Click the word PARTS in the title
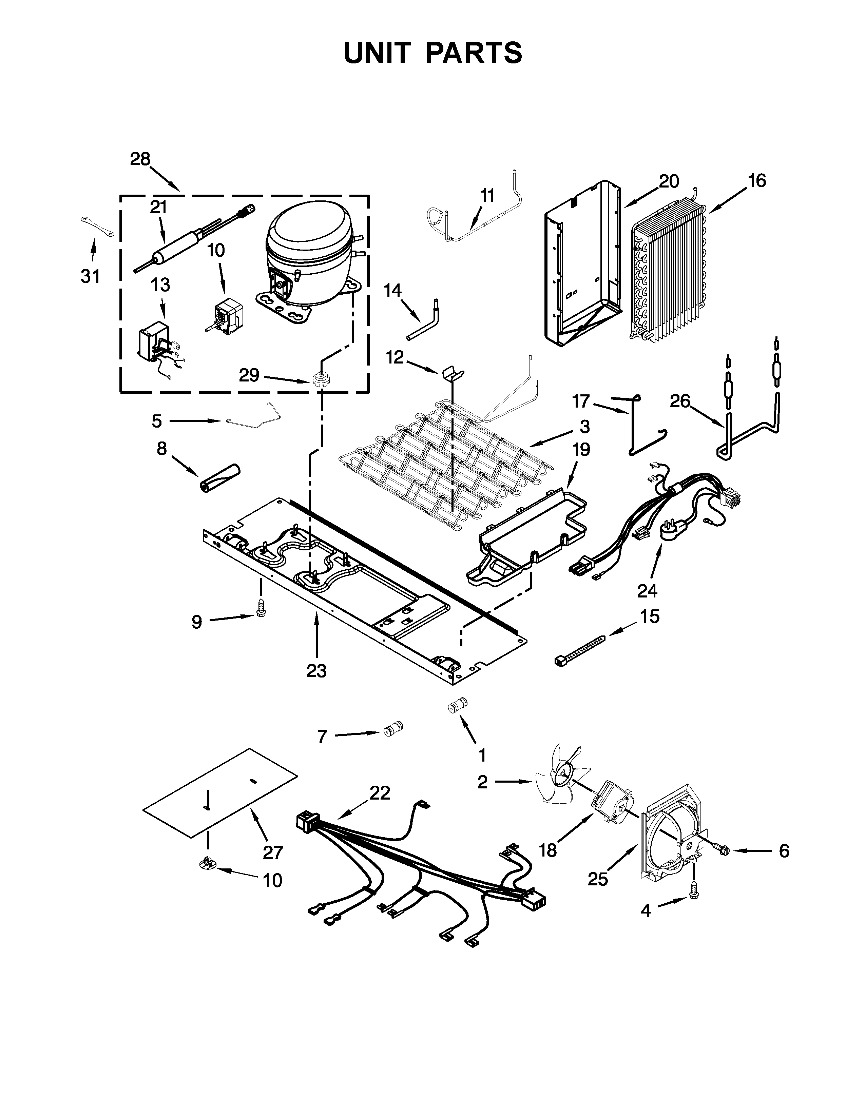(475, 53)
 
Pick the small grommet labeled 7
(393, 728)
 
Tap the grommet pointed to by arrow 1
(457, 706)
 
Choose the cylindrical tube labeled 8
(219, 477)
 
